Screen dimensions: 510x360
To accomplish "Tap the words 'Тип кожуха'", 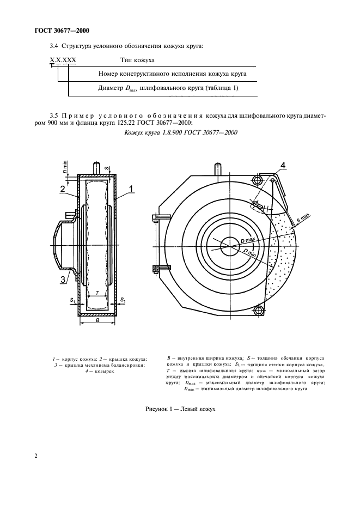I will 137,60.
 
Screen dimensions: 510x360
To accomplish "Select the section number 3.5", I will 53,116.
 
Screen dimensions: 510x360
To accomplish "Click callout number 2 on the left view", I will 63,190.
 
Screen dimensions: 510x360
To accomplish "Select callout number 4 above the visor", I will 283,164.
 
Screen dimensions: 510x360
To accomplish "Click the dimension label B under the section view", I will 97,321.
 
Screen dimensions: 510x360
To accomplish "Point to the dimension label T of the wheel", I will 97,293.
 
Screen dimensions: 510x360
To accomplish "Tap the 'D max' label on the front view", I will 248,240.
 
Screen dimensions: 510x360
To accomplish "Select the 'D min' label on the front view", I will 251,252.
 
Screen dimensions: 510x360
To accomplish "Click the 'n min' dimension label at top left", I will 65,166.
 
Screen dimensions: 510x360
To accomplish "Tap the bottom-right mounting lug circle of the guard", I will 259,311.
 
